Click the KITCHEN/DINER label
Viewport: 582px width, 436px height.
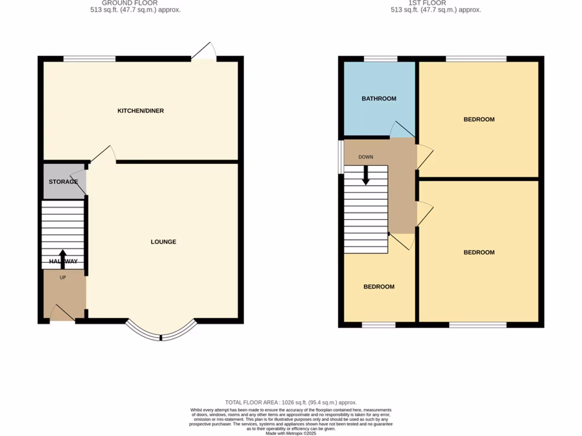pos(140,111)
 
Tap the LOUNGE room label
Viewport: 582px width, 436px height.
pos(163,242)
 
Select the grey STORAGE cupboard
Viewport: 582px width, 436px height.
pos(63,182)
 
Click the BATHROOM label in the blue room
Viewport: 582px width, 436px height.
pos(379,99)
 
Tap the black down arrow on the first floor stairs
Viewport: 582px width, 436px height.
pos(365,175)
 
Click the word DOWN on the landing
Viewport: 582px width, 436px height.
pos(365,157)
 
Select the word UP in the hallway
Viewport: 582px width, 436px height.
pos(63,278)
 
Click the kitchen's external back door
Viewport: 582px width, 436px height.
pos(203,53)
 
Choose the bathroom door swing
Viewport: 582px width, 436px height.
pos(402,130)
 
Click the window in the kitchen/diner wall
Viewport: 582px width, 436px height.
pos(89,58)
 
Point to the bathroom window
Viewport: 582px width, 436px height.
pos(380,58)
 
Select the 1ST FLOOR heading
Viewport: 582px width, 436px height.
pos(435,3)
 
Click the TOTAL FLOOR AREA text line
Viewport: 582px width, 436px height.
pos(290,401)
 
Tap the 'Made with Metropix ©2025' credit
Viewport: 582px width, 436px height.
pos(290,433)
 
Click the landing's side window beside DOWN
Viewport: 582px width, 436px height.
pos(341,156)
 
